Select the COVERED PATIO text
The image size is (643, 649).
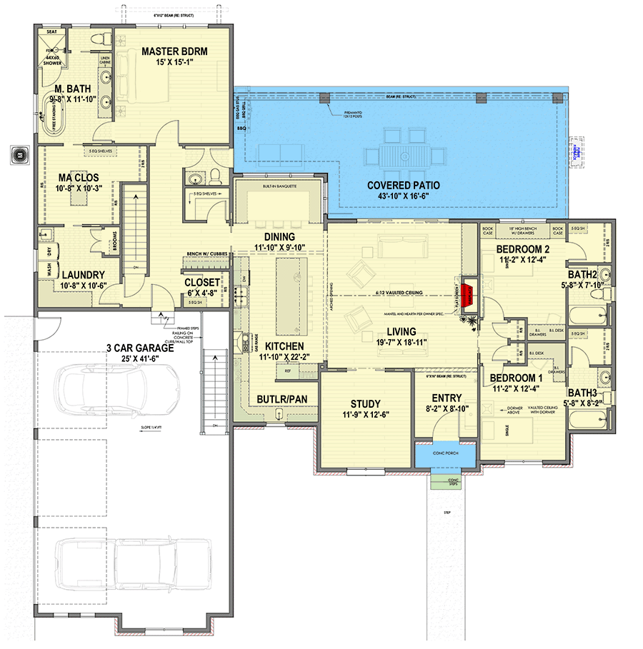(404, 185)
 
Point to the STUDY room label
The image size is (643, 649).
(365, 403)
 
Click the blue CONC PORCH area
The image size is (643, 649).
(447, 455)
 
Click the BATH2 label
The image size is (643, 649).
(583, 274)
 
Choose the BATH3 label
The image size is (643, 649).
(583, 392)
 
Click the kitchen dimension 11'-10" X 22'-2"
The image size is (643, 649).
(268, 355)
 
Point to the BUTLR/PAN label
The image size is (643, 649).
(281, 399)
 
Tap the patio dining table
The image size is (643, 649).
(404, 154)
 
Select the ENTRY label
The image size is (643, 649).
(447, 398)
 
